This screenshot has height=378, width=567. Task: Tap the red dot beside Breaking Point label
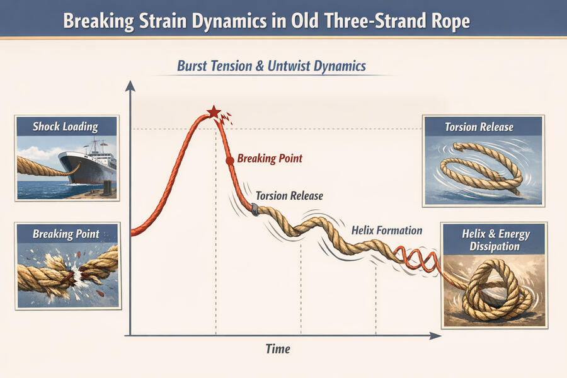click(229, 161)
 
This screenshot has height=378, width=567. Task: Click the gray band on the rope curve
click(255, 209)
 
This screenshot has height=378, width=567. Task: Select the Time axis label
click(278, 348)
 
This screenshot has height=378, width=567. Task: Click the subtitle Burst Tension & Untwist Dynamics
click(271, 66)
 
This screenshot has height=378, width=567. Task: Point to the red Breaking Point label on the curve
click(270, 158)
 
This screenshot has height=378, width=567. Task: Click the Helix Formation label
click(387, 231)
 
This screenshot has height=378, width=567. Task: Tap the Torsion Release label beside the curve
click(289, 196)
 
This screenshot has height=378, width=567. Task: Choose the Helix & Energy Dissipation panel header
click(494, 239)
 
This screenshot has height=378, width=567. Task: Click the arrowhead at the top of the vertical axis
click(130, 86)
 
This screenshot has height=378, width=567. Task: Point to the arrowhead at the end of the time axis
click(435, 336)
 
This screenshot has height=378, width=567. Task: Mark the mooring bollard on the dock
click(108, 187)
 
